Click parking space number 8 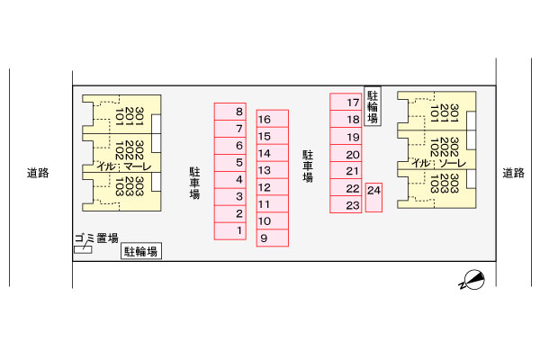coord(230,112)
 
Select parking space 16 coord(273,119)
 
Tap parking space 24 coord(373,197)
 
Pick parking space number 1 coord(230,231)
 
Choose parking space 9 coord(273,238)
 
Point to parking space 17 coord(346,102)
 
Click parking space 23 coord(346,204)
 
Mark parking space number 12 coord(273,187)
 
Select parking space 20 coord(346,154)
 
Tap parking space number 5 coord(230,163)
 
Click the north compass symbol coord(472,280)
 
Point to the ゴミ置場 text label coord(97,238)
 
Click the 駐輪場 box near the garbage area coord(141,251)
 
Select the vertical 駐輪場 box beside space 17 coord(373,106)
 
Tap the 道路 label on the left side coord(38,173)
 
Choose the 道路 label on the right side coord(514,173)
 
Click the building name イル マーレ coord(124,166)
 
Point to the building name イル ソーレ coord(439,163)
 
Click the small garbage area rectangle coord(83,250)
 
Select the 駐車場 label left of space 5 coord(194,184)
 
